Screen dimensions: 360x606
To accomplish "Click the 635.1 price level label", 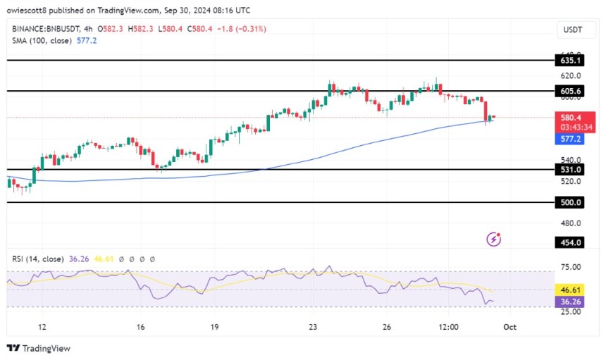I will [x=571, y=61].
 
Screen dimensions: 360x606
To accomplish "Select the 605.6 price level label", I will [x=571, y=92].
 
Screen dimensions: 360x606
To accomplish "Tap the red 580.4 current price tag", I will [x=571, y=118].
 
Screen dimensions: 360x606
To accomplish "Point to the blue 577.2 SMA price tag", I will [x=571, y=139].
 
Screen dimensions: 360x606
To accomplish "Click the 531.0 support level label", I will [x=571, y=170].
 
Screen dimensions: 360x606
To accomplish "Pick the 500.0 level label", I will [x=571, y=202].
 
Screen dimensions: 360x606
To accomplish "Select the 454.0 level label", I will [x=571, y=242].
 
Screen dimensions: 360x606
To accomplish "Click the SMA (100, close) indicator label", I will [x=43, y=41].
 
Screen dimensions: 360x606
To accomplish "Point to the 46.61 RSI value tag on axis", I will [x=571, y=290].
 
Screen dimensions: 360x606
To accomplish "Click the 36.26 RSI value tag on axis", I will [x=571, y=301].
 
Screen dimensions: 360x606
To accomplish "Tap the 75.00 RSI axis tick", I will [x=571, y=267].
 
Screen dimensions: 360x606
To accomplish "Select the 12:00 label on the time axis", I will [x=448, y=327].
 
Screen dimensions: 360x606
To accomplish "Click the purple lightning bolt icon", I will [x=494, y=240].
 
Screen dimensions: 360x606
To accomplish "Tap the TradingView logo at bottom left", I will [x=39, y=348].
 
